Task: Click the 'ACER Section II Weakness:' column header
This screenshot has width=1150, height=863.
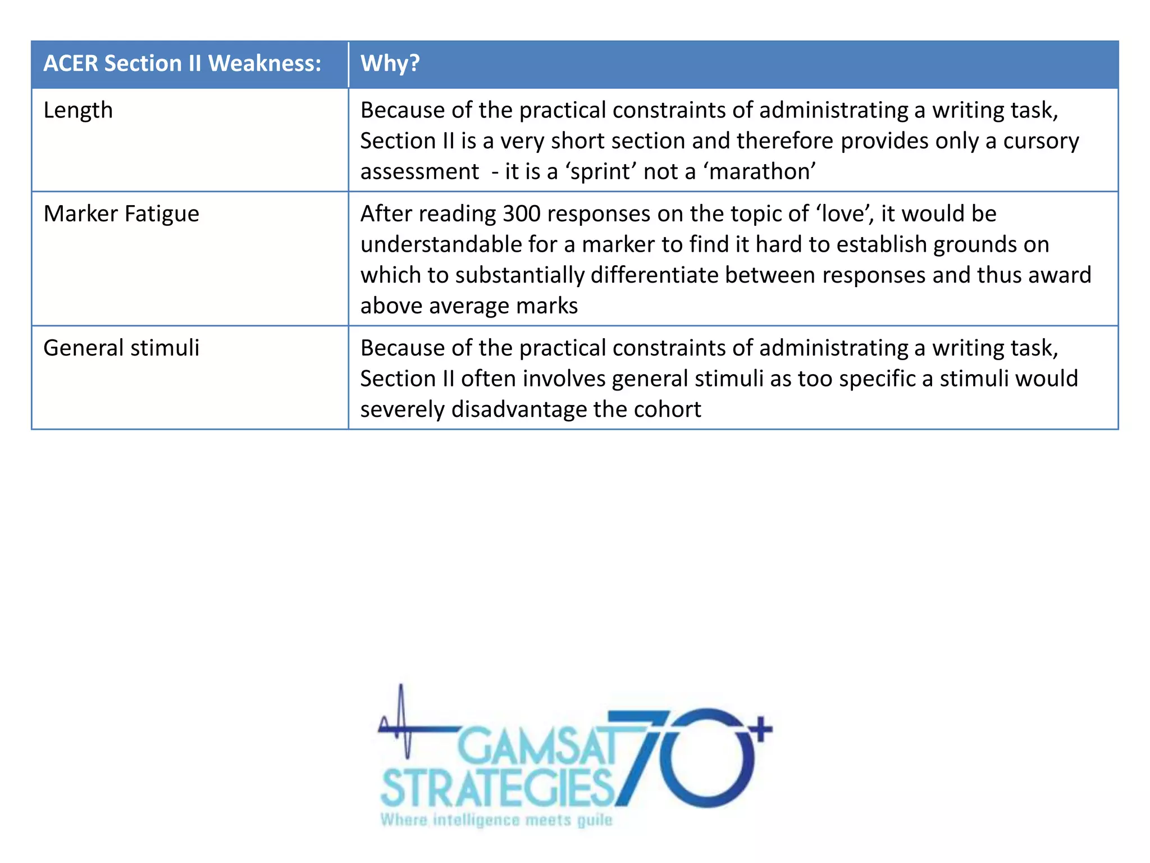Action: (182, 63)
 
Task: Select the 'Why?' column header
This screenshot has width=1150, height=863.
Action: (390, 63)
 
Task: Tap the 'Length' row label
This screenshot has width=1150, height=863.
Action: (78, 110)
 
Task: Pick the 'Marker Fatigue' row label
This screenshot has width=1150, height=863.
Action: (121, 214)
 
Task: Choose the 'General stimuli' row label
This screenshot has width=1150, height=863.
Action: (121, 348)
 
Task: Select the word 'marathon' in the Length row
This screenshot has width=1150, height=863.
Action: (759, 171)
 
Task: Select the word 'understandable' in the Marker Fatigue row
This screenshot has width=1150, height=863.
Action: (441, 245)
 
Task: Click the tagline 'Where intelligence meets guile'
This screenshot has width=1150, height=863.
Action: (496, 820)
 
